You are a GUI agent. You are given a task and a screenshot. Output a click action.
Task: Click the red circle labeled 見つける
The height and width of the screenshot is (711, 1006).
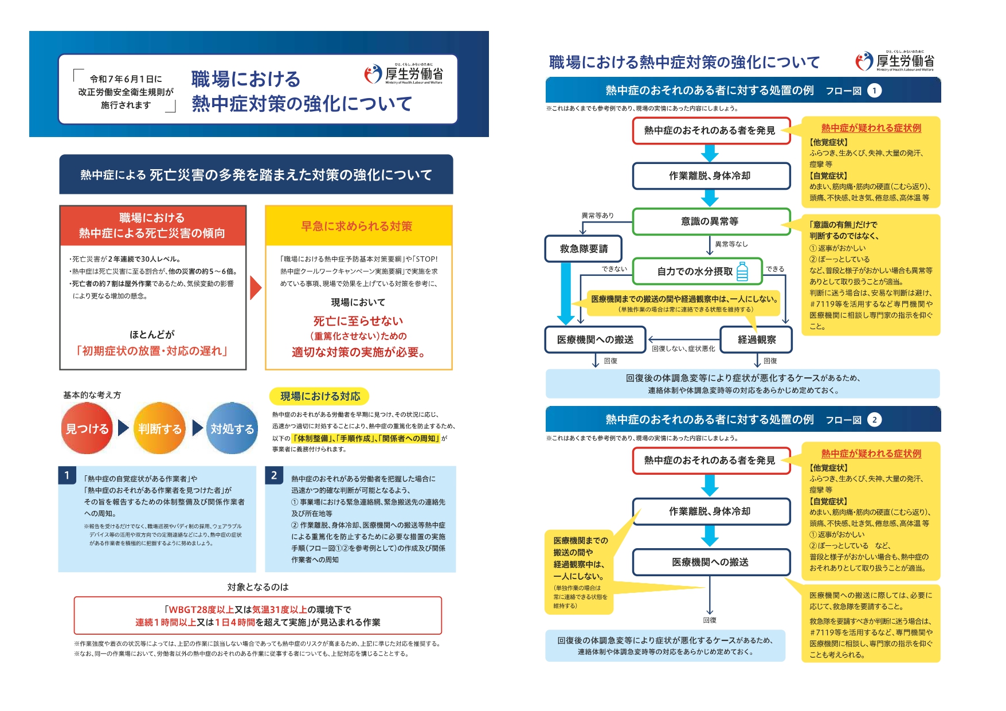[x=87, y=428]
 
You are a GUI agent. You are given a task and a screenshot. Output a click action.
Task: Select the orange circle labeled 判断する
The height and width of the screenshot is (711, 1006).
[x=160, y=428]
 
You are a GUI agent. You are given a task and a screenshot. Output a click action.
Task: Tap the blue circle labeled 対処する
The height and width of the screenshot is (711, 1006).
[x=232, y=428]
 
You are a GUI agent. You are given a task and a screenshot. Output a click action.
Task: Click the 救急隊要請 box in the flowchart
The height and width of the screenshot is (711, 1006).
[x=584, y=249]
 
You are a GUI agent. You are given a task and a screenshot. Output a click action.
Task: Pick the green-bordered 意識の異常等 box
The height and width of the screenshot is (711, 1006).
[x=710, y=221]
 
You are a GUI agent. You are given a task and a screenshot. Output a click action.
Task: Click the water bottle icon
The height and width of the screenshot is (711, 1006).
[x=742, y=271]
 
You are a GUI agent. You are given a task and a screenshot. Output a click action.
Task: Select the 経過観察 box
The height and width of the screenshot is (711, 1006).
[x=757, y=339]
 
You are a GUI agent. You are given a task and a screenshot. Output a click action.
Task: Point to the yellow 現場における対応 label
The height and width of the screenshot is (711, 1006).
[x=320, y=396]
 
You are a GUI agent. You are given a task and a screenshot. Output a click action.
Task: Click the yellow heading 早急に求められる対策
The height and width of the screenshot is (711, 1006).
[x=357, y=226]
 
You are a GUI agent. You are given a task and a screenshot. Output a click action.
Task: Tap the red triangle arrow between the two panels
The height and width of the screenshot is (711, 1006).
[x=255, y=288]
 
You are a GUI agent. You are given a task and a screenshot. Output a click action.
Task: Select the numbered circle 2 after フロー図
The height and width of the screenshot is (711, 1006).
[x=874, y=420]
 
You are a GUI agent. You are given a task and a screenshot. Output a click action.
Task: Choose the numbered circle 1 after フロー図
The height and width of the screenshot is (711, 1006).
[x=874, y=91]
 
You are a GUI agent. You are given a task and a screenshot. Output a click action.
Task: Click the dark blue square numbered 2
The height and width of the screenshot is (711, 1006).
[x=274, y=475]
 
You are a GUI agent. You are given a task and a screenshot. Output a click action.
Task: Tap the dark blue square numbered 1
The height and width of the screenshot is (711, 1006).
[x=67, y=475]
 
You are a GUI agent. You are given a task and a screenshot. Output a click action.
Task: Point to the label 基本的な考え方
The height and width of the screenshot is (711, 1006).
[x=92, y=395]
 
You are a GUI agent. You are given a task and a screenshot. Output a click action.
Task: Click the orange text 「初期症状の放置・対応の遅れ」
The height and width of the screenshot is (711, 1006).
[x=152, y=351]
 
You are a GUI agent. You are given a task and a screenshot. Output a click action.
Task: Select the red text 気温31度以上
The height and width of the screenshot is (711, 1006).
[x=279, y=610]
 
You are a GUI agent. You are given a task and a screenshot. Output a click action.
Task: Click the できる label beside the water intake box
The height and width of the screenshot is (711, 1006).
[x=775, y=269]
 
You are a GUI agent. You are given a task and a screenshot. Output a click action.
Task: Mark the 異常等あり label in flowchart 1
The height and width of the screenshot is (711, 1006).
[x=597, y=216]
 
